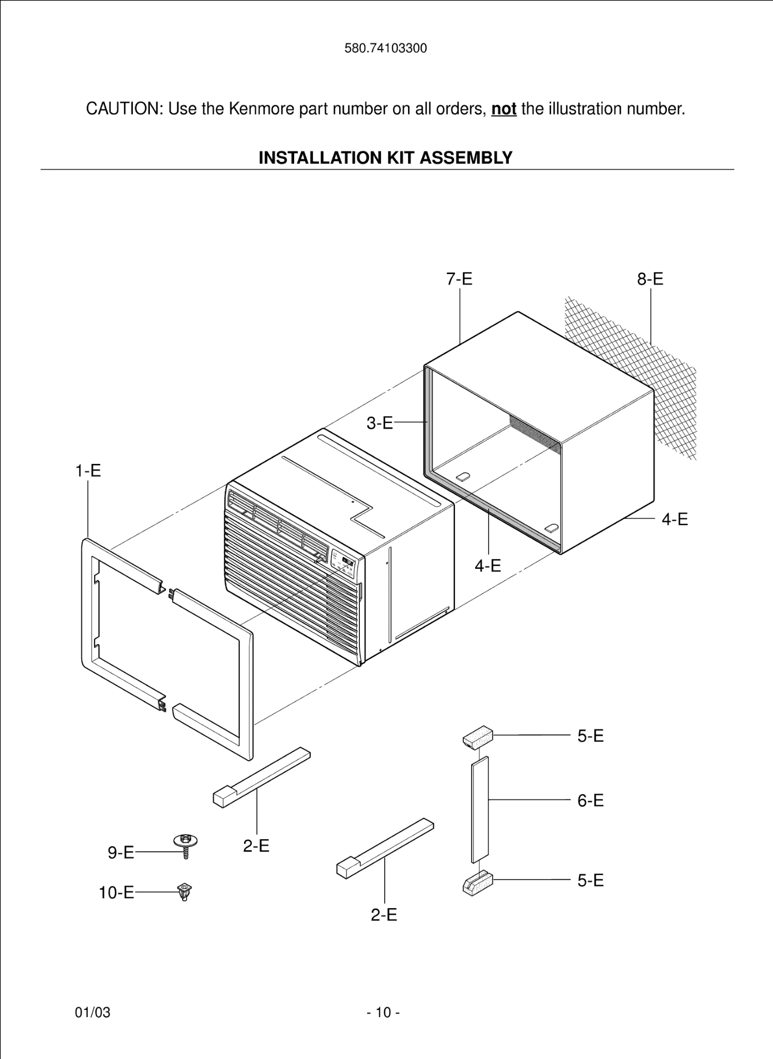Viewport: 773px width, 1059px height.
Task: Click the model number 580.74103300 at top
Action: tap(386, 49)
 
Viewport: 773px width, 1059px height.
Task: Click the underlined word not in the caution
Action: tap(504, 109)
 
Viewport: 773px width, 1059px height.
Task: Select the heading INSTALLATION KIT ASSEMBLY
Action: tap(386, 157)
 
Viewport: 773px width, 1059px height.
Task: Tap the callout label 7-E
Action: tap(459, 279)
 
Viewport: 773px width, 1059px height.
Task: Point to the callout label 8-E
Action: tap(650, 279)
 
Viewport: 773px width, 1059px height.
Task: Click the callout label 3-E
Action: tap(380, 423)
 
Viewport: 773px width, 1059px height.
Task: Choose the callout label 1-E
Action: tap(88, 471)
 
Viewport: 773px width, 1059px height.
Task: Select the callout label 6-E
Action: tap(590, 800)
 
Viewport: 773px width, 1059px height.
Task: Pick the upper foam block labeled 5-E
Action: tap(477, 737)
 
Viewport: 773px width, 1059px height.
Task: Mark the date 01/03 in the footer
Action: tap(93, 1012)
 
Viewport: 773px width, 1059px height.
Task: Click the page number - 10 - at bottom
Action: tap(383, 1012)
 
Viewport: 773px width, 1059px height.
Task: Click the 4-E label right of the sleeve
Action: tap(675, 519)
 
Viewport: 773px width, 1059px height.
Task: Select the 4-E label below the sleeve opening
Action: tap(488, 565)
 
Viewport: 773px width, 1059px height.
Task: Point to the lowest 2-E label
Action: tap(384, 914)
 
